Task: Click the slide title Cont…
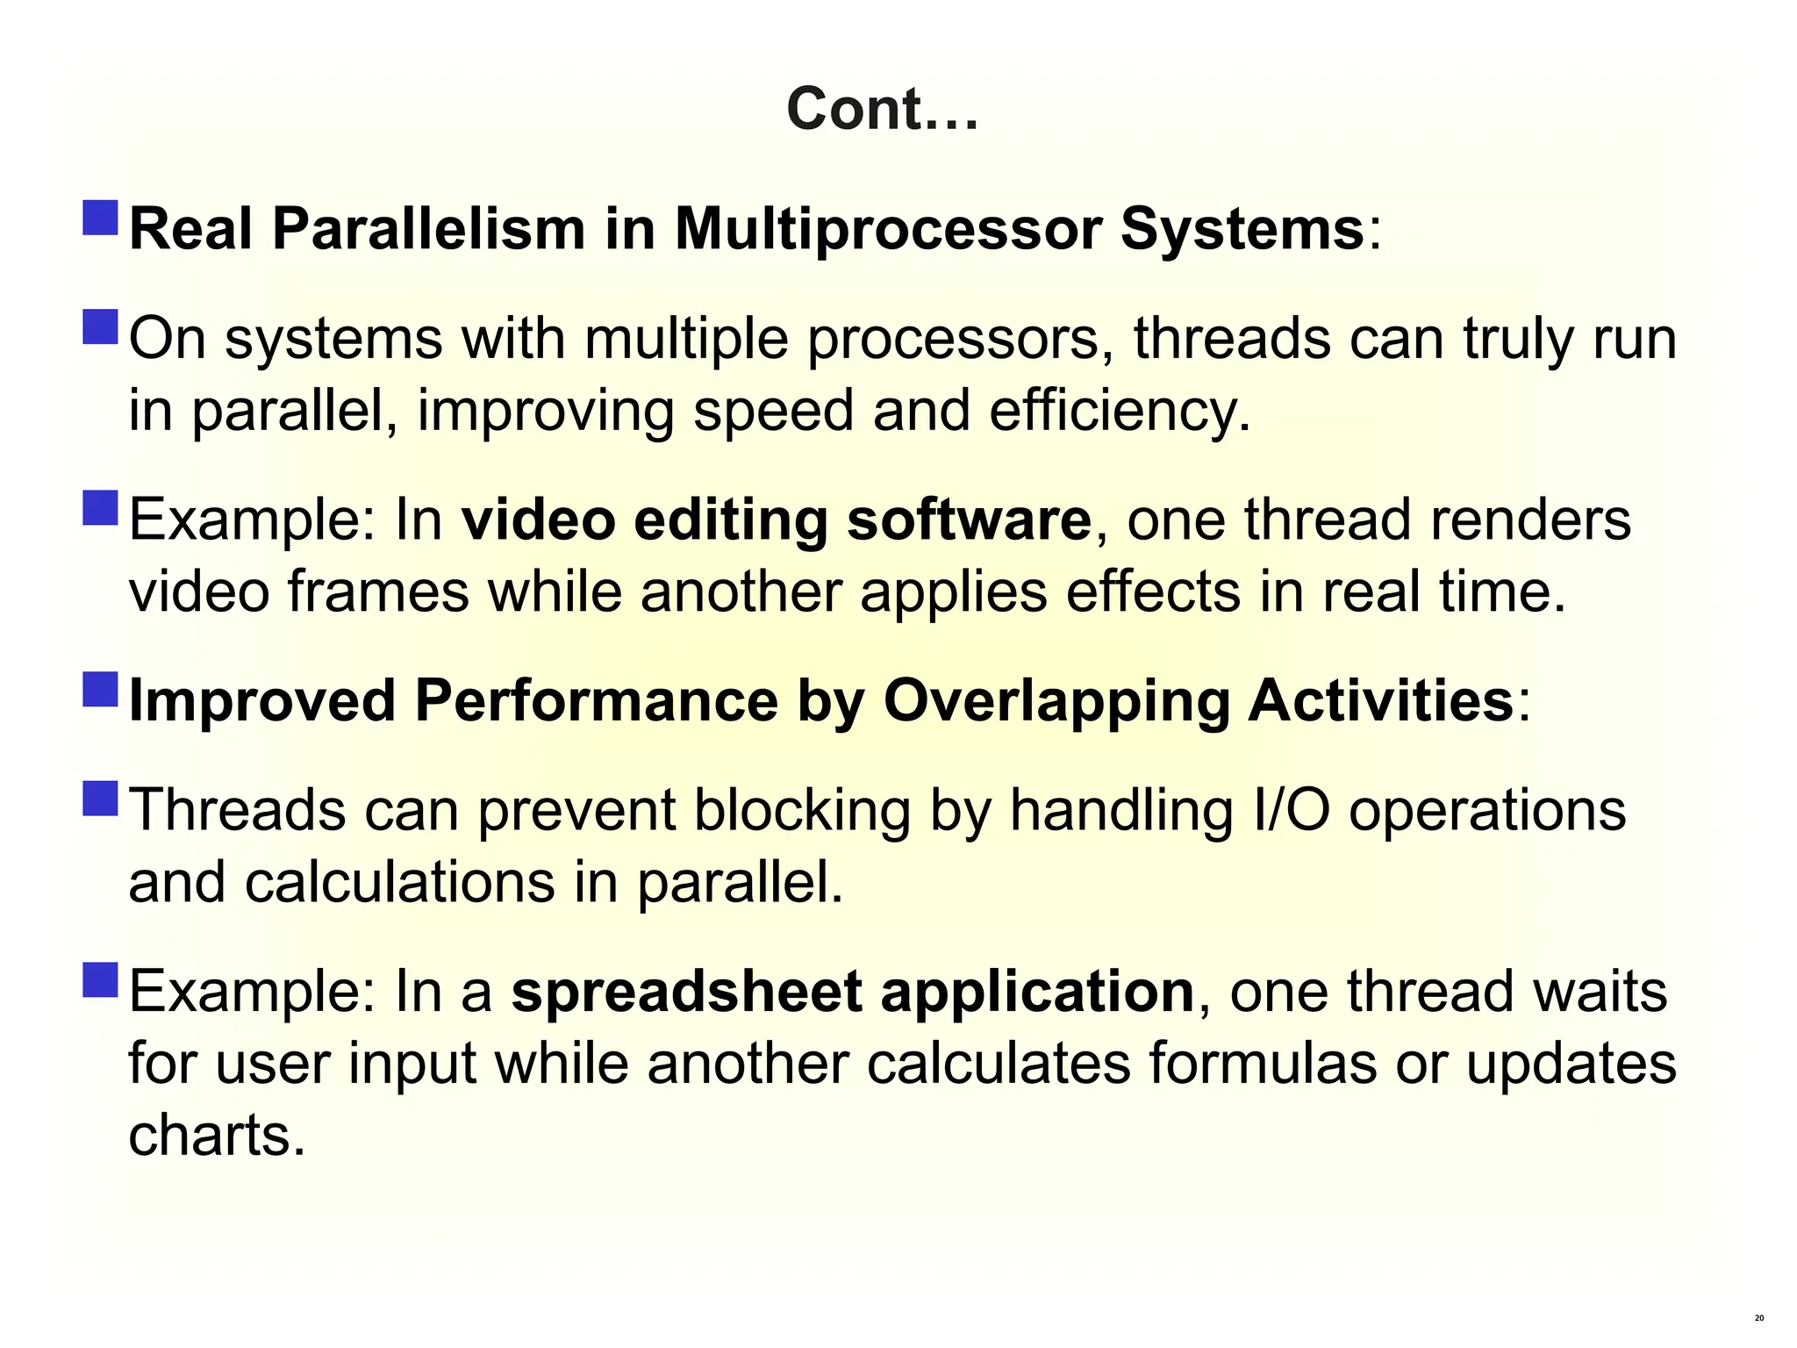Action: click(881, 110)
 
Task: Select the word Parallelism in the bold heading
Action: click(428, 230)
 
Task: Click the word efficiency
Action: click(1120, 412)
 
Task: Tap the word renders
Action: click(1530, 520)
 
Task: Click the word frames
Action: click(378, 592)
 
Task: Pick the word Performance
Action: click(596, 702)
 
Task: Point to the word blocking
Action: click(802, 810)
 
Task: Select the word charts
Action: click(217, 1136)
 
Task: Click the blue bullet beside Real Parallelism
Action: click(101, 218)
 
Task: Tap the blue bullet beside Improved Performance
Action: click(101, 690)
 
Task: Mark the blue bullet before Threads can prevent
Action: click(101, 798)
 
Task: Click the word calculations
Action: click(399, 883)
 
